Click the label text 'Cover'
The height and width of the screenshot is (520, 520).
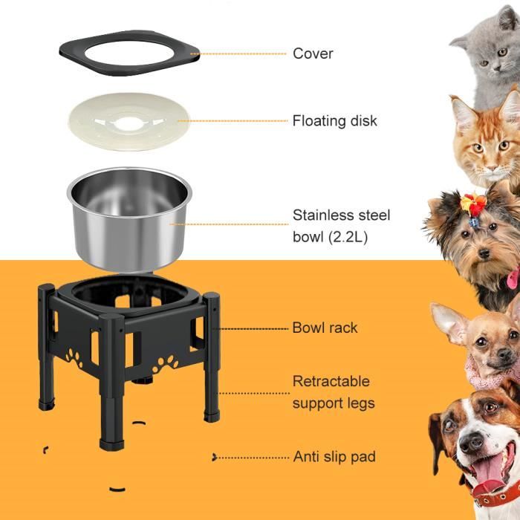[x=313, y=53]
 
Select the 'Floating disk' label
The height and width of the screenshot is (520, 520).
[x=334, y=120]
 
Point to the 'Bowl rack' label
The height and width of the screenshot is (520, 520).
[x=325, y=328]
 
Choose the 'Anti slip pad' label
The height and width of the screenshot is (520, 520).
[x=334, y=457]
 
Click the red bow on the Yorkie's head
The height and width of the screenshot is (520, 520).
[x=472, y=201]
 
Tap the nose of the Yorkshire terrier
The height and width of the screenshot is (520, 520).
[x=484, y=253]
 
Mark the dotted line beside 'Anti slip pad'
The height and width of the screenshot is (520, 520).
[x=253, y=457]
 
